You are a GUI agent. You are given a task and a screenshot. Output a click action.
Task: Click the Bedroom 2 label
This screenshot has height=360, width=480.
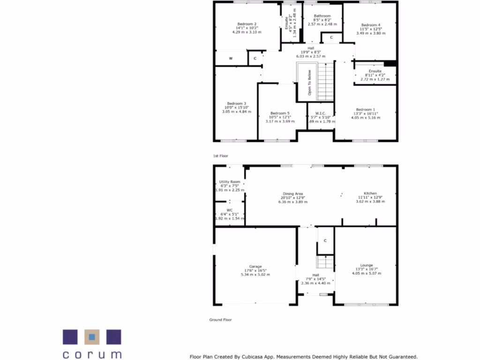[247, 24]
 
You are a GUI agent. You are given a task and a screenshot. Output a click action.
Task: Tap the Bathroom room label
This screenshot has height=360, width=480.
[322, 16]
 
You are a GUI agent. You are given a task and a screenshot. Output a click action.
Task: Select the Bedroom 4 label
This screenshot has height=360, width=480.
[371, 25]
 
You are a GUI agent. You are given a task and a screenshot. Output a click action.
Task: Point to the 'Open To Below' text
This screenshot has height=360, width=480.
[309, 82]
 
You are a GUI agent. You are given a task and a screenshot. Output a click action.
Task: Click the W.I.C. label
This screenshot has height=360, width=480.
[321, 113]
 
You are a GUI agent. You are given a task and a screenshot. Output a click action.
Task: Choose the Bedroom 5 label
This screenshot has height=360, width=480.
[280, 113]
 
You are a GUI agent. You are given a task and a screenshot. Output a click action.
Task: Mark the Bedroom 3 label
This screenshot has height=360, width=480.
[237, 104]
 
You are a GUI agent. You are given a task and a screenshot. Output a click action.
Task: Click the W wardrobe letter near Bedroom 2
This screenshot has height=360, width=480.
[231, 59]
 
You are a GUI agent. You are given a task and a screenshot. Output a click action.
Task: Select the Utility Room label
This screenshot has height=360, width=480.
[230, 181]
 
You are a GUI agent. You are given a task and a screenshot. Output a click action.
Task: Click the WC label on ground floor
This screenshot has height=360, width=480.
[230, 210]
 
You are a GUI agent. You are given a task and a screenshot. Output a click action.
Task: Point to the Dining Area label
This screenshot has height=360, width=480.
[292, 194]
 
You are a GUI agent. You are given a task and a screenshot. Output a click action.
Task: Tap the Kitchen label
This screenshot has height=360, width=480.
[370, 193]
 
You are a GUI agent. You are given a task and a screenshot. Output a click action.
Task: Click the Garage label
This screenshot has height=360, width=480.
[255, 266]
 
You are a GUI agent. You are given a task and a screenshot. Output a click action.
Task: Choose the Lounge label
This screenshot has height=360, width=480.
[367, 265]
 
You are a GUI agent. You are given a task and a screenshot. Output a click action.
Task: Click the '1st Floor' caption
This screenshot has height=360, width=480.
[220, 155]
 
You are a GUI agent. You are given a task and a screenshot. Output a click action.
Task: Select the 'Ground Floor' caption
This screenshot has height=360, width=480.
[220, 320]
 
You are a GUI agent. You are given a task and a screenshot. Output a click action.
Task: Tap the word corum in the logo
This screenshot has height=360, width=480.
[92, 354]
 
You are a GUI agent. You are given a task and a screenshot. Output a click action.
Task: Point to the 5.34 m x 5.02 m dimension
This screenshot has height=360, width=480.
[255, 275]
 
